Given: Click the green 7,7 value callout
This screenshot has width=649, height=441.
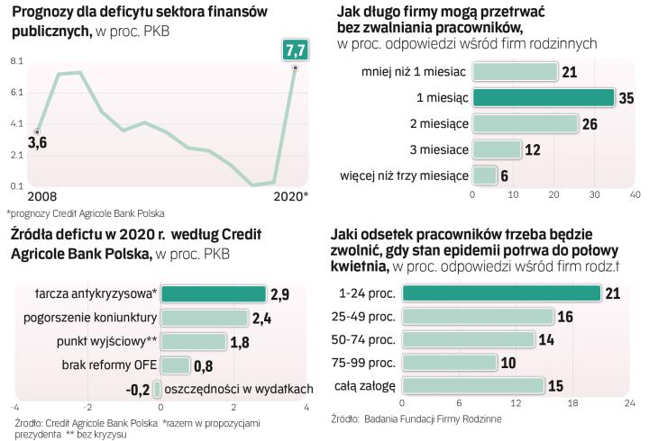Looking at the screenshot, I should pyautogui.click(x=294, y=49).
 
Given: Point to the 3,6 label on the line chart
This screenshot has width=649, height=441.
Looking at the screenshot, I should pyautogui.click(x=38, y=142).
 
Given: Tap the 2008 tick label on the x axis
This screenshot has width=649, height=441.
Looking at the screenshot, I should pyautogui.click(x=41, y=196).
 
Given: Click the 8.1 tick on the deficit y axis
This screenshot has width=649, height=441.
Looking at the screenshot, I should pyautogui.click(x=17, y=60).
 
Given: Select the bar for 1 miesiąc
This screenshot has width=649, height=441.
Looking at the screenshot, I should pyautogui.click(x=544, y=97).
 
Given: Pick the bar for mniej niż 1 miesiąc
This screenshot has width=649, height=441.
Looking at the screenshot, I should pyautogui.click(x=515, y=71).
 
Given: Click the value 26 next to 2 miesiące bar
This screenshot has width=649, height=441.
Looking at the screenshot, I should pyautogui.click(x=590, y=123).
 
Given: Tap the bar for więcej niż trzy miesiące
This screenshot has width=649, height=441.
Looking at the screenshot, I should pyautogui.click(x=484, y=175).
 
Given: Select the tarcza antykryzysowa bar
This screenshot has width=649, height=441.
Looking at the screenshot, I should pyautogui.click(x=214, y=294).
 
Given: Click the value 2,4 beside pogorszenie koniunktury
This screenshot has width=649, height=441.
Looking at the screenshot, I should pyautogui.click(x=261, y=318).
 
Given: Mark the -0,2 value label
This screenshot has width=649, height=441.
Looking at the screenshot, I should pyautogui.click(x=139, y=389).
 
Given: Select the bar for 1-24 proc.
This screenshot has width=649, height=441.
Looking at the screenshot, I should pyautogui.click(x=501, y=292).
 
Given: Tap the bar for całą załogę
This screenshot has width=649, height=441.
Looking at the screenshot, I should pyautogui.click(x=473, y=385).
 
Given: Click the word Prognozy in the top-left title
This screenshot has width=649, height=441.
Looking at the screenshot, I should pyautogui.click(x=44, y=13).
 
